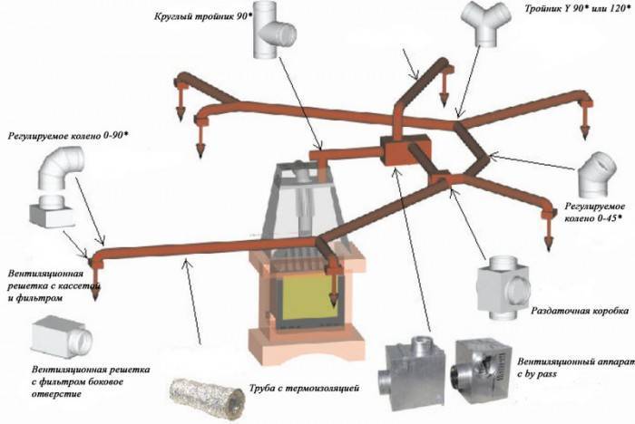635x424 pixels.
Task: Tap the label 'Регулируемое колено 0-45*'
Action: tap(591, 213)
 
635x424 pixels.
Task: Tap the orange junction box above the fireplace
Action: tap(396, 151)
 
